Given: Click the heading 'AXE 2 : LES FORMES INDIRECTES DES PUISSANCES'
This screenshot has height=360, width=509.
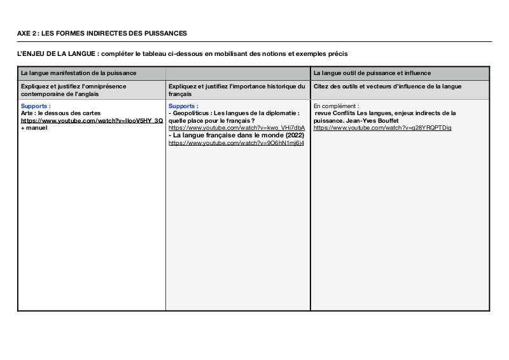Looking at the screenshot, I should (x=102, y=33).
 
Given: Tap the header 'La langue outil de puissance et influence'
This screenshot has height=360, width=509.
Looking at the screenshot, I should (x=372, y=73).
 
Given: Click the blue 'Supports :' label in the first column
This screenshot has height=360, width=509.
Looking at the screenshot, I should (x=36, y=106).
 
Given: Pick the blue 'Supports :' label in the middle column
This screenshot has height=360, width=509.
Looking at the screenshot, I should (x=183, y=106).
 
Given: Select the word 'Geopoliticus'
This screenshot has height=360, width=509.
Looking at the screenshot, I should (x=190, y=113).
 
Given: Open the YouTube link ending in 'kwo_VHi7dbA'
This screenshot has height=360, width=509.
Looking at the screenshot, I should (x=236, y=128).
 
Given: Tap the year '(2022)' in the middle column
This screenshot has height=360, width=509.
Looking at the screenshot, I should (x=291, y=135).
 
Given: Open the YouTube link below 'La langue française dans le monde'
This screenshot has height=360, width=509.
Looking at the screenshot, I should (x=236, y=143).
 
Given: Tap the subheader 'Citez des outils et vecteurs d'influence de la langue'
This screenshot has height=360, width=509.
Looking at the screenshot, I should (x=387, y=86).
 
